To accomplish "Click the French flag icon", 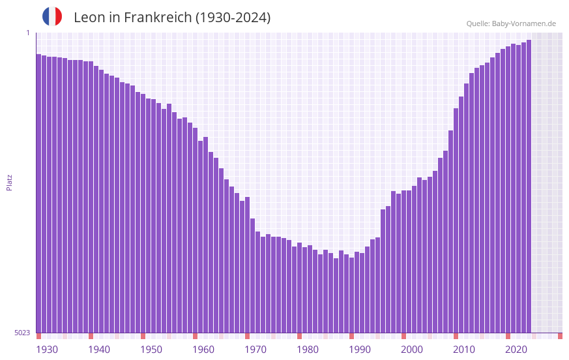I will click(x=52, y=17).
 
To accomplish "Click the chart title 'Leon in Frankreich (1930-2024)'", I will click(x=172, y=18).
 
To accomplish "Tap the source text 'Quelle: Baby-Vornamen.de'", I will click(x=511, y=23).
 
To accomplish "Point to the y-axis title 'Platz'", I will click(x=9, y=182).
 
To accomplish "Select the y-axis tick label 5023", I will click(x=22, y=333).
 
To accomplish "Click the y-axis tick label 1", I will click(x=27, y=33).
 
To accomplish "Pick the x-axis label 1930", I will click(x=47, y=350).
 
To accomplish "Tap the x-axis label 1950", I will click(x=151, y=350).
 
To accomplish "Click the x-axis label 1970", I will click(x=255, y=350).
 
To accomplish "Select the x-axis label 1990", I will click(x=360, y=350).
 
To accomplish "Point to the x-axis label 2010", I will click(x=464, y=350).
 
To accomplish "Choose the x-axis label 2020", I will click(x=516, y=350).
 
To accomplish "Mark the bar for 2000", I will click(x=403, y=261).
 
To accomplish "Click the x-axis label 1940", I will click(x=99, y=350).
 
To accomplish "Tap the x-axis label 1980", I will click(x=308, y=350).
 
